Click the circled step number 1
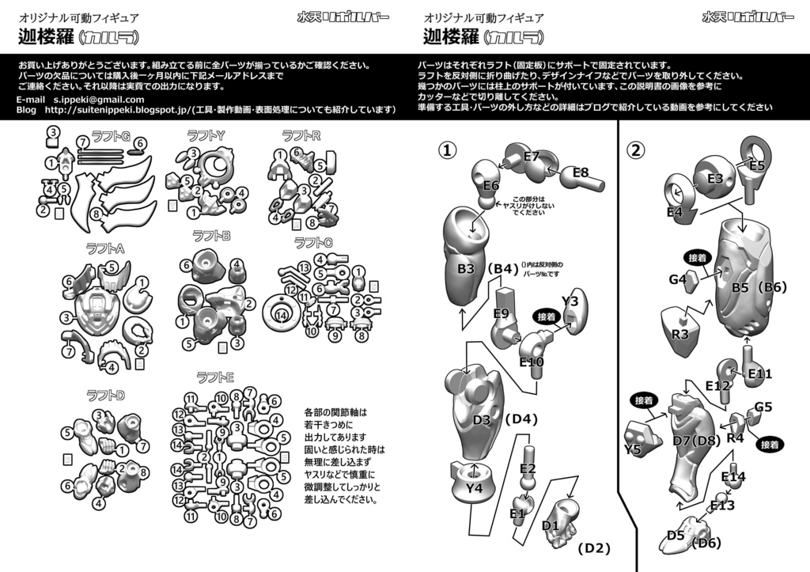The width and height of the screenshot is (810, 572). click(x=448, y=149)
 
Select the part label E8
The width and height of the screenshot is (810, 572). click(x=581, y=172)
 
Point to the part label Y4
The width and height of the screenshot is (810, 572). click(x=474, y=488)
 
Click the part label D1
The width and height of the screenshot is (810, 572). click(x=551, y=525)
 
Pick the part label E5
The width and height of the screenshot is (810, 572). click(x=757, y=165)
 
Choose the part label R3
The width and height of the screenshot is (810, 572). click(x=679, y=334)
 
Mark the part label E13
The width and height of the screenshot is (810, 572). click(x=722, y=505)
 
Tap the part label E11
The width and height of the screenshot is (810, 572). click(x=759, y=373)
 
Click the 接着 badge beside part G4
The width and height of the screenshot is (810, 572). click(x=697, y=258)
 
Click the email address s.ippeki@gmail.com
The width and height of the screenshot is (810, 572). click(x=99, y=100)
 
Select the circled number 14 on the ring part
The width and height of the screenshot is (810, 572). click(x=280, y=315)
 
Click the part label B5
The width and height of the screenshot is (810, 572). click(x=740, y=287)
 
